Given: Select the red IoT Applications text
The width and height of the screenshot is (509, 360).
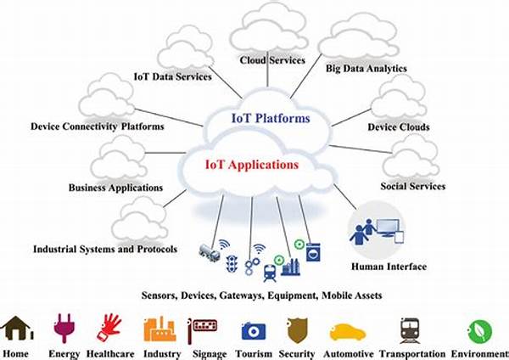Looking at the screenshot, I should click(252, 163).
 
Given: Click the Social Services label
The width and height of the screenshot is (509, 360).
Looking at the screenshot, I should click(412, 187).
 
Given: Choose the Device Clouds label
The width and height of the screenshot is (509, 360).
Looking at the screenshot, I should click(398, 127).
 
